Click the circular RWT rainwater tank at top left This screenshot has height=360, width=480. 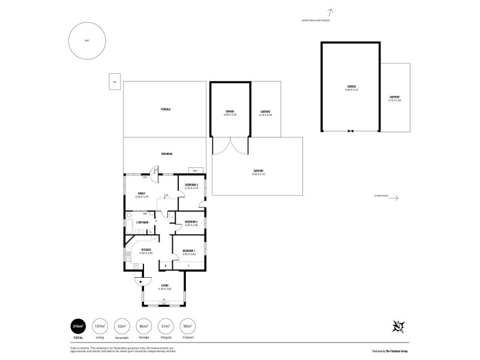tap(87, 41)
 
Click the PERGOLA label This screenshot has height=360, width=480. tap(166, 109)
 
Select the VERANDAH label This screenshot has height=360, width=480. tap(167, 154)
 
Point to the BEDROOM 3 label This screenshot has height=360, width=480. tap(192, 184)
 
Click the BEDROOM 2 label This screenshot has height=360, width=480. tap(191, 222)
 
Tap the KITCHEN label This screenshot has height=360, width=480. tap(146, 250)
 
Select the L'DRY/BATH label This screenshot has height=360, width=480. tap(142, 223)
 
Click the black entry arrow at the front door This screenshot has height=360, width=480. tap(140, 281)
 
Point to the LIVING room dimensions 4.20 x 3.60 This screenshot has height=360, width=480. tap(165, 289)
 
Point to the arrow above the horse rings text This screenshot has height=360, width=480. tap(331, 11)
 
